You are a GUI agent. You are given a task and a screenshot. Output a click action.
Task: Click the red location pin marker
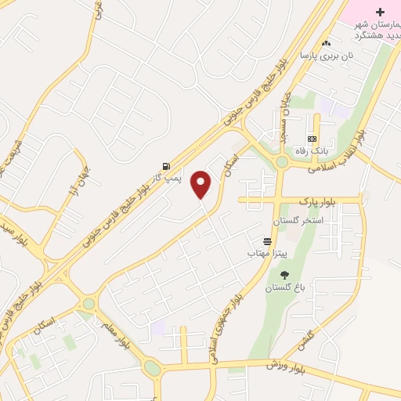(201, 185)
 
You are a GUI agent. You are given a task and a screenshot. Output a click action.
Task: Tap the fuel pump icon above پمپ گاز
(166, 166)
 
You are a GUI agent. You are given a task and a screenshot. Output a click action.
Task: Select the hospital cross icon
(381, 13)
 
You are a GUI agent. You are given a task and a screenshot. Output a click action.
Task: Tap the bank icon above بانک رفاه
(312, 139)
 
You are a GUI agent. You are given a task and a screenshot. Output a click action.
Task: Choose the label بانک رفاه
(311, 150)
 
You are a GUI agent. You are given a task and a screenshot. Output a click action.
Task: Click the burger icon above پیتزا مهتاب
(268, 241)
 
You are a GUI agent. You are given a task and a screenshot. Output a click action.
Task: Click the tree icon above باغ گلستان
(284, 274)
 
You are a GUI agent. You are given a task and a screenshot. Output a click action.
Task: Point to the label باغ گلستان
(284, 287)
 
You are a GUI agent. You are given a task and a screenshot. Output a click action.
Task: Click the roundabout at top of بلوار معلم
(89, 303)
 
